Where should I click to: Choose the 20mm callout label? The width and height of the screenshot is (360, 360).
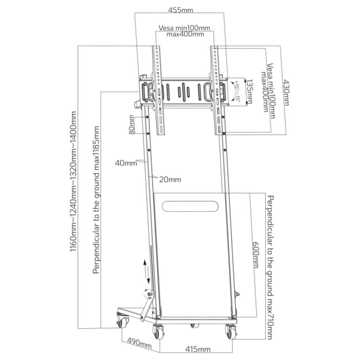click(170, 179)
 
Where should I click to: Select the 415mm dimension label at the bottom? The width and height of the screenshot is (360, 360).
click(197, 349)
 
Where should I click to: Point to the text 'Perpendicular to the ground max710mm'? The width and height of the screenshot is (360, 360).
click(271, 265)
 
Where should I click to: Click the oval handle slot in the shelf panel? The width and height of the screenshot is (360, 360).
click(191, 206)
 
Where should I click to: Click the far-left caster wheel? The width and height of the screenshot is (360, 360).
click(122, 322)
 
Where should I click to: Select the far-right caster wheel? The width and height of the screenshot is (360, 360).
click(230, 331)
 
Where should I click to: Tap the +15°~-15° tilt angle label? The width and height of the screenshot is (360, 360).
click(236, 91)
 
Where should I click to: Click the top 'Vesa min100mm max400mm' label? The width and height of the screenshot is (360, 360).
click(184, 31)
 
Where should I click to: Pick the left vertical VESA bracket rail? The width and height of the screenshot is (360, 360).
click(159, 90)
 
